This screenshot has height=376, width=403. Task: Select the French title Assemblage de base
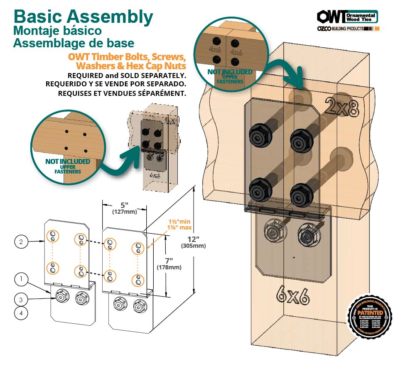(x=74, y=43)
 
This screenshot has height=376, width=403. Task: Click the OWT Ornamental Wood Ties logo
(x=347, y=17)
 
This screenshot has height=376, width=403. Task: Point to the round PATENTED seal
(x=369, y=316)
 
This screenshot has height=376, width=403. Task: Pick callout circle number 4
(x=21, y=314)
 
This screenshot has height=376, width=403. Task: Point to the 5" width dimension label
(x=124, y=205)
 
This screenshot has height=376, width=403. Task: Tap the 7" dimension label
(x=169, y=261)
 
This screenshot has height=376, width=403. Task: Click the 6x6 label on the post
(x=292, y=295)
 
